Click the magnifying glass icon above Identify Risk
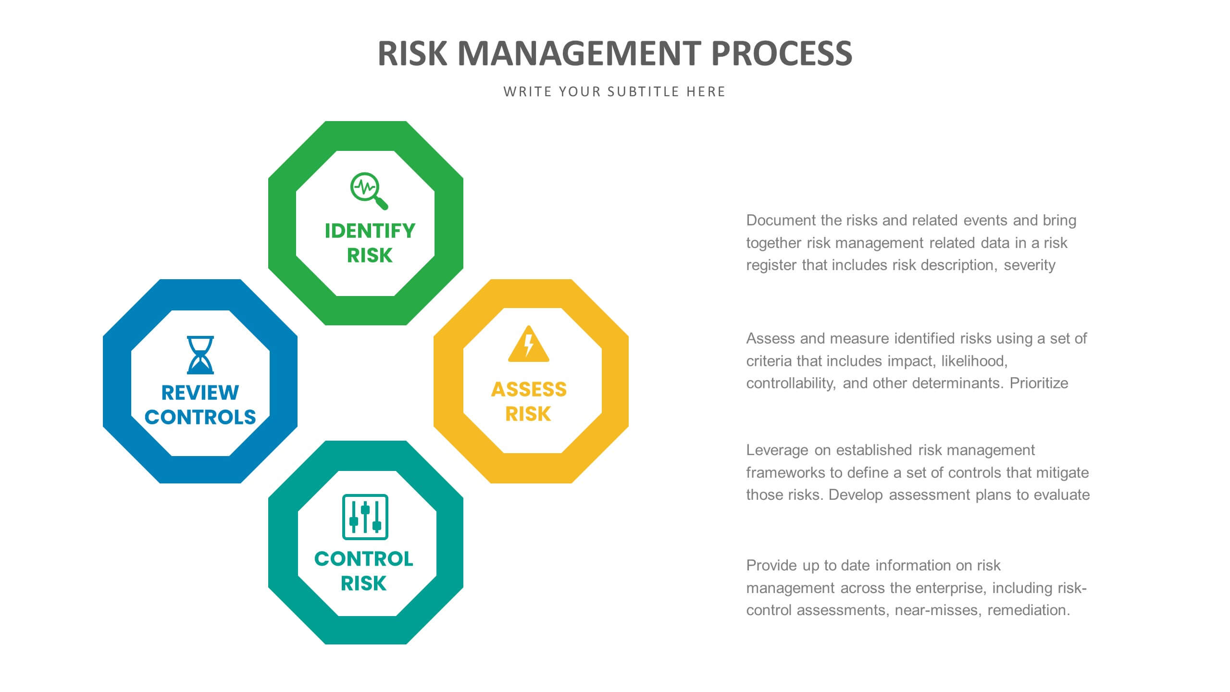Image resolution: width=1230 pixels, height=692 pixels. point(368,190)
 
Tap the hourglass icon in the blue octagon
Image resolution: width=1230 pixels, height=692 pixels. point(200,355)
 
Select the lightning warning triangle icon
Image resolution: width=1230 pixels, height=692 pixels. point(528,344)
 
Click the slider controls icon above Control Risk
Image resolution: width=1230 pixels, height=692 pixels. point(365,517)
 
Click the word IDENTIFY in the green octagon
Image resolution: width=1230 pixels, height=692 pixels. point(370,231)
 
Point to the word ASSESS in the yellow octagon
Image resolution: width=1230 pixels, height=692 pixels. point(529,389)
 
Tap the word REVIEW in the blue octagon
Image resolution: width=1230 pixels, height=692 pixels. point(200,393)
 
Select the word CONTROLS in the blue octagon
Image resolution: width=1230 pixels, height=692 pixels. point(200,417)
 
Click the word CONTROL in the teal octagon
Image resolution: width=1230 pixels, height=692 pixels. point(363,558)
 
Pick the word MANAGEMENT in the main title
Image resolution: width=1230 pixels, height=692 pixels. point(579,53)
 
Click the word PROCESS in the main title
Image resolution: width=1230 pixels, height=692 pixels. point(782,53)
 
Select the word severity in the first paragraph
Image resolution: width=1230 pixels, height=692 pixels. point(1030,265)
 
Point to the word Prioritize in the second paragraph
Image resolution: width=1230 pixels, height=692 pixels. point(1039,383)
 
